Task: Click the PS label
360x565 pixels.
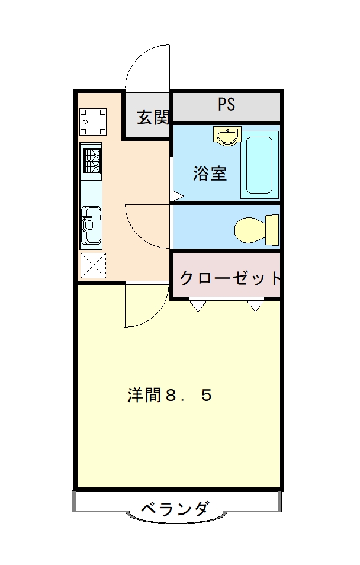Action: pos(226,104)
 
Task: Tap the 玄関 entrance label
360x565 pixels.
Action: pos(153,117)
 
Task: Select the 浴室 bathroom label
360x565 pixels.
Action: pos(210,174)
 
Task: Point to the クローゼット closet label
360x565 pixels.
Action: pos(230,278)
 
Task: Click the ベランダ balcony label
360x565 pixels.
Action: pos(175,509)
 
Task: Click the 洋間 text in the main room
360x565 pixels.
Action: pos(144,395)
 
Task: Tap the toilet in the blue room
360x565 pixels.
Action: pos(256,230)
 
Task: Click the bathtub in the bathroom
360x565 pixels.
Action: pos(259,165)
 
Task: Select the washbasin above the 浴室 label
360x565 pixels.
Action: pos(227,136)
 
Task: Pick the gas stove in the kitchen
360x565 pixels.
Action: pos(91,160)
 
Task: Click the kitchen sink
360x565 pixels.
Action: pos(91,224)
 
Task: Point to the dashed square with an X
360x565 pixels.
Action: pos(93,265)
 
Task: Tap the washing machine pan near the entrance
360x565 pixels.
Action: pos(93,121)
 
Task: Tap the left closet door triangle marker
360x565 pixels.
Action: pos(198,305)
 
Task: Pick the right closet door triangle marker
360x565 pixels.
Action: pos(256,305)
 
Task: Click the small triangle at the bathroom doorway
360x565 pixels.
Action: pos(178,197)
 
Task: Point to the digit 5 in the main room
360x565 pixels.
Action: pos(206,396)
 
